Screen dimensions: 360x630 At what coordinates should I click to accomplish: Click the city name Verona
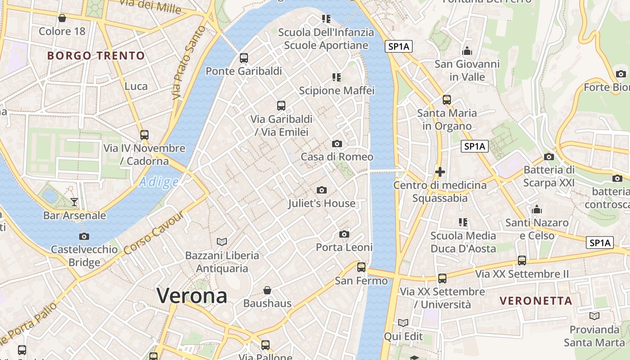click(192, 296)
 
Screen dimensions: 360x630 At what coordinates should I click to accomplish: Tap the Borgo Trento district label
click(96, 56)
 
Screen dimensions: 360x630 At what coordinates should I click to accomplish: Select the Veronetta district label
click(536, 301)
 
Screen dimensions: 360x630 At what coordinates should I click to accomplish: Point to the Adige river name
click(158, 182)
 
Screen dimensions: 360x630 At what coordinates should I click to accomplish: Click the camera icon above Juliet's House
click(321, 190)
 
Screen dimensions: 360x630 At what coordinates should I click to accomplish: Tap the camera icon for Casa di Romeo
click(337, 144)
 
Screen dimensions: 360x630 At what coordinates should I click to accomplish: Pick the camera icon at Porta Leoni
click(344, 234)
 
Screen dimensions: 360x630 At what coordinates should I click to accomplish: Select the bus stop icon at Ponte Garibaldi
click(244, 58)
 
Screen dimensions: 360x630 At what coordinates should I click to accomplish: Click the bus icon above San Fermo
click(361, 267)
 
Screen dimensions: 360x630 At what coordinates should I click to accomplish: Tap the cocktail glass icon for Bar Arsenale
click(74, 202)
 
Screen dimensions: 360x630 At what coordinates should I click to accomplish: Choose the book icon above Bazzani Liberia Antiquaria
click(222, 242)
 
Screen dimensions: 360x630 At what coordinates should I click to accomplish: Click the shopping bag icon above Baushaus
click(267, 290)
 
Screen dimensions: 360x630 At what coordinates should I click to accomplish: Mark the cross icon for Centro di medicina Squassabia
click(440, 171)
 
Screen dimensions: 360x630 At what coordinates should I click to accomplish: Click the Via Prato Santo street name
click(188, 63)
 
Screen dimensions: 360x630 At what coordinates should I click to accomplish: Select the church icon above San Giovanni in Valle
click(467, 51)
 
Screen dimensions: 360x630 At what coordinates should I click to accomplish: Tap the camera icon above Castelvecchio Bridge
click(84, 236)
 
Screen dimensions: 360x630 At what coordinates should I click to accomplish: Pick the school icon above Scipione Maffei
click(337, 77)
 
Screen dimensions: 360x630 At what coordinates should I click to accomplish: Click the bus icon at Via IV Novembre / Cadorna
click(144, 135)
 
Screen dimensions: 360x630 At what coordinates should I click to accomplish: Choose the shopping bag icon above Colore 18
click(62, 18)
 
